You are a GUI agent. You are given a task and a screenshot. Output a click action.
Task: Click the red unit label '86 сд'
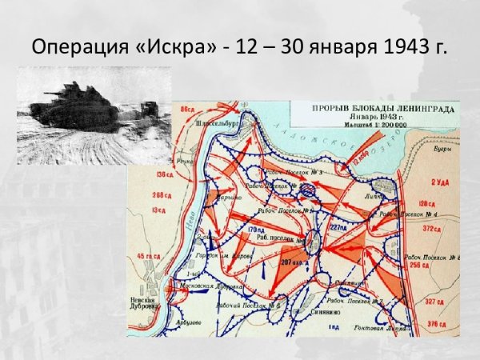(188, 107)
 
